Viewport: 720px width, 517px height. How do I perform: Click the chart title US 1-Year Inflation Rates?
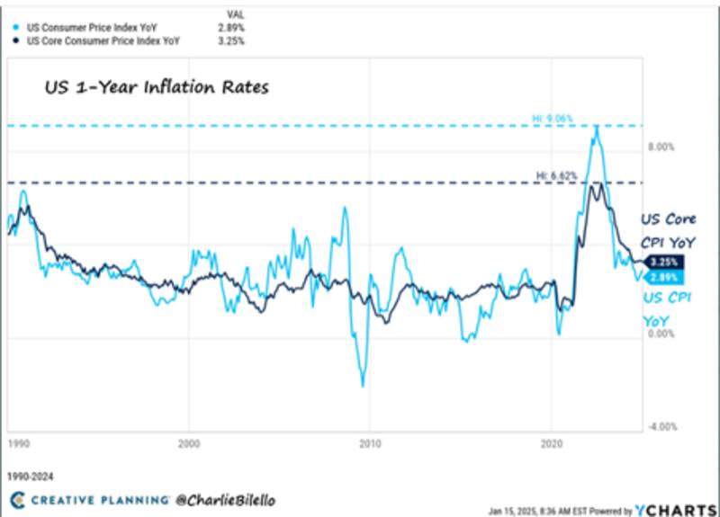[157, 88]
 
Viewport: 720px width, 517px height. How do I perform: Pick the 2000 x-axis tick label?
[188, 443]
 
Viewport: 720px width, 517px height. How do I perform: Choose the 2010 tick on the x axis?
[369, 443]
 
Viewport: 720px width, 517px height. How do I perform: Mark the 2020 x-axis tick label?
[551, 443]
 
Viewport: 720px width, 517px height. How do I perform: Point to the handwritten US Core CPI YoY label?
[668, 230]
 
